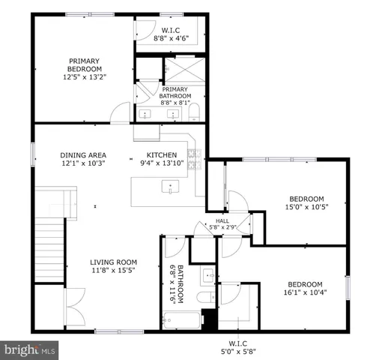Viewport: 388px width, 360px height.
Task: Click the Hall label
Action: pos(222,220)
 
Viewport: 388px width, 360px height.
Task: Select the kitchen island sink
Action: pos(172,187)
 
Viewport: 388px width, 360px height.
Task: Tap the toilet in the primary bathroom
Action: pos(193,113)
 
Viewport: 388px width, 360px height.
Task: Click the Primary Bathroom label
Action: pos(175,92)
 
